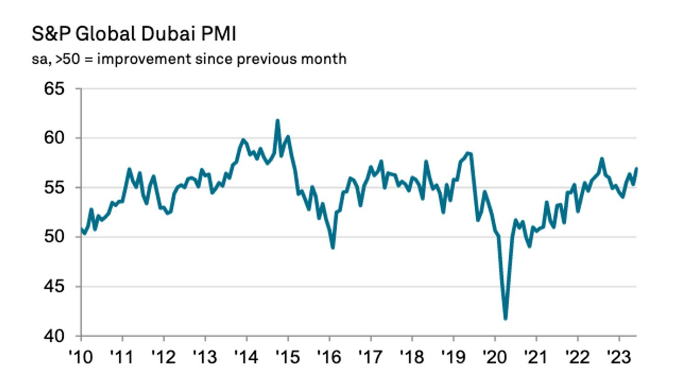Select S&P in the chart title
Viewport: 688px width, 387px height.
coord(50,34)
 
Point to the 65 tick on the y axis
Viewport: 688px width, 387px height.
coord(54,89)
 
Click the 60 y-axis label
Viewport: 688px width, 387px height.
coord(54,138)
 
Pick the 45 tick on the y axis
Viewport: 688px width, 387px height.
coord(54,287)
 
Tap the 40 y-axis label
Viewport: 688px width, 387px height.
coord(54,336)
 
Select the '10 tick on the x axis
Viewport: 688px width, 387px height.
coord(81,356)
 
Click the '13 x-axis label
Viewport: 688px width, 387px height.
coord(205,356)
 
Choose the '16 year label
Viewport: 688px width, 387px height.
coord(329,356)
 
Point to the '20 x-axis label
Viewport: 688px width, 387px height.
coord(495,356)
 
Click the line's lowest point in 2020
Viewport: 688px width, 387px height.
coord(505,319)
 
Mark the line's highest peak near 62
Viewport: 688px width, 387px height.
coord(277,121)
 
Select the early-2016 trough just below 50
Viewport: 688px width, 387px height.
coord(333,248)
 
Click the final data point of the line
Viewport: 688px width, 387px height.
coord(637,168)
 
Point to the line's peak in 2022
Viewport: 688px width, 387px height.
coord(602,159)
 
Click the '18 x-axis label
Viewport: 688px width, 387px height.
coord(412,356)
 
